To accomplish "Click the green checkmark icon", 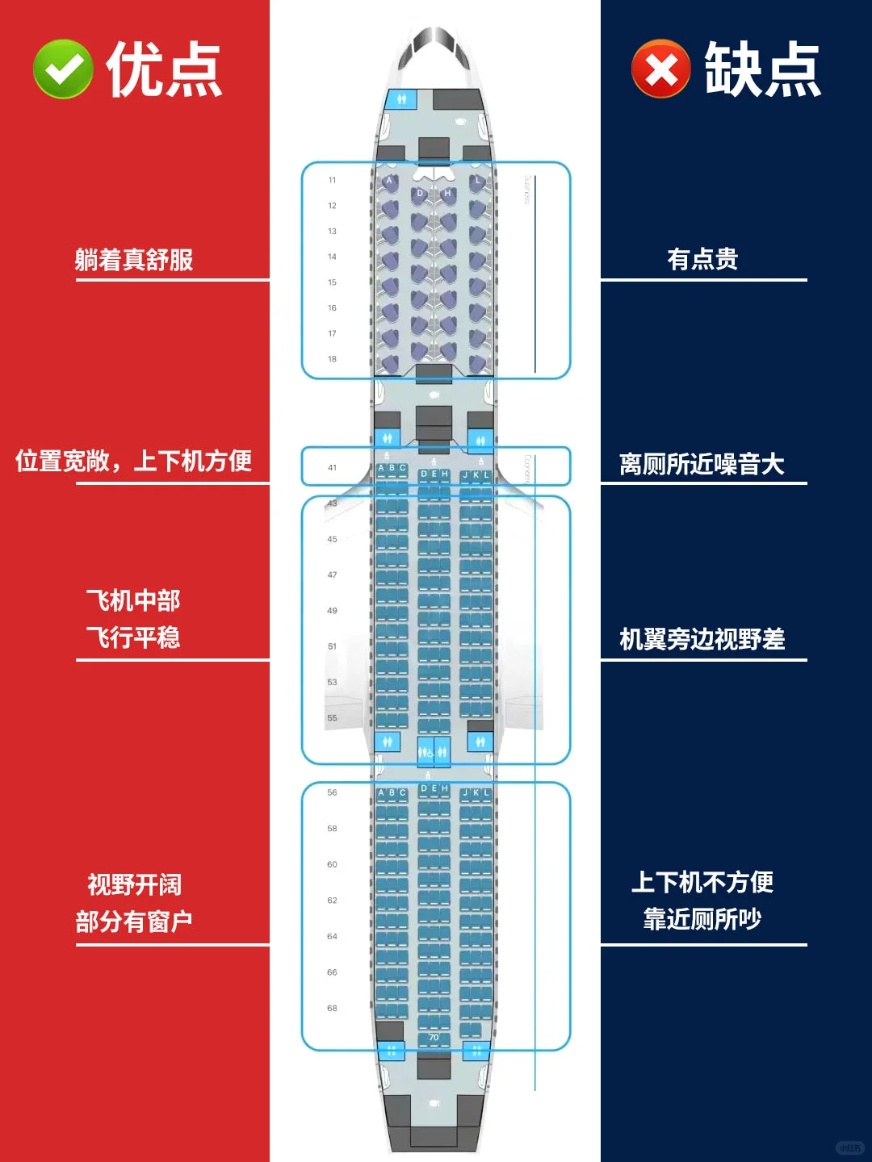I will [63, 69].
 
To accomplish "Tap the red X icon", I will [660, 69].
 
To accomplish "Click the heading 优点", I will [164, 69].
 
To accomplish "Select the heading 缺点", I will [762, 69].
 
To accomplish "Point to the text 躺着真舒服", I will [134, 260].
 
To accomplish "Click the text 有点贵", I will [702, 259].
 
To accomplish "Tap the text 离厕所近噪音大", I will [702, 464].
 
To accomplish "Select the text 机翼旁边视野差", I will [702, 639].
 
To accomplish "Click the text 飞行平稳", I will [133, 637].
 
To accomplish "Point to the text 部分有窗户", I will [133, 921].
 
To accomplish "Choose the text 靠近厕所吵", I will [702, 918].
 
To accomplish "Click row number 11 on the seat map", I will [332, 180].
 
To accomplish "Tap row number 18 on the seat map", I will [332, 359].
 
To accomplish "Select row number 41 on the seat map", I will [332, 467].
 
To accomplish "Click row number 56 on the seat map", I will [332, 792].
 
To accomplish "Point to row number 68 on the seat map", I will [332, 1008].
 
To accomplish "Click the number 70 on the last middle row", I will [434, 1038].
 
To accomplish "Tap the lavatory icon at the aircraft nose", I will [401, 99].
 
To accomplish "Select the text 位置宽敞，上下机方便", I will [133, 461].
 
